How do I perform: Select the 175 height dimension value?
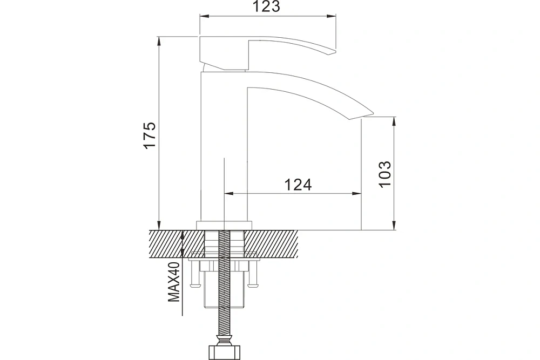click(x=150, y=135)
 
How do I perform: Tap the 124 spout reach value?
click(x=298, y=185)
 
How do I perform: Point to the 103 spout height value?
click(x=385, y=174)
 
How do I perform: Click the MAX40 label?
click(x=174, y=282)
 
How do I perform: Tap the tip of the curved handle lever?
click(x=335, y=52)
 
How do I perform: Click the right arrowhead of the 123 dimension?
click(x=332, y=16)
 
